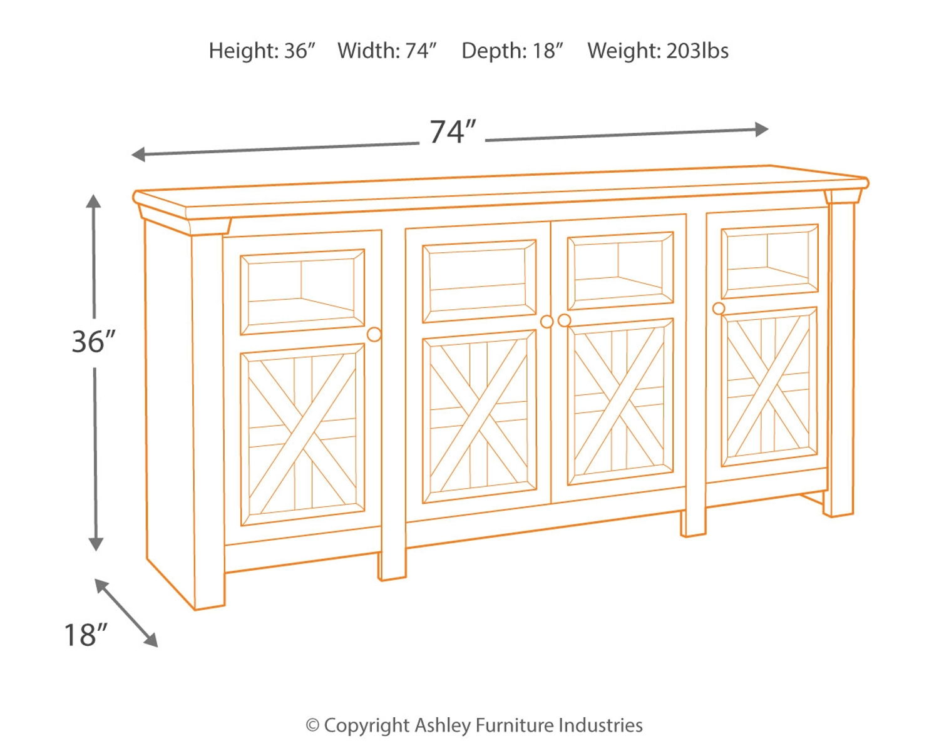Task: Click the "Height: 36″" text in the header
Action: (262, 51)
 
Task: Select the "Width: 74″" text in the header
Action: (387, 51)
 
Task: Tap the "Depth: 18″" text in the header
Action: (512, 51)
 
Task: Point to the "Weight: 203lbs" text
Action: (657, 51)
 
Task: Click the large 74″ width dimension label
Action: (453, 132)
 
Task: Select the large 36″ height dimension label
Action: (93, 342)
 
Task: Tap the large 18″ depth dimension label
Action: (86, 635)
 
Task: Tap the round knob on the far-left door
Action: (374, 334)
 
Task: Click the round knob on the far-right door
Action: (719, 309)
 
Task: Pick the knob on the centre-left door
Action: (546, 322)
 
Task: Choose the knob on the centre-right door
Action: (564, 320)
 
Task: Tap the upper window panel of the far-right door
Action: (769, 261)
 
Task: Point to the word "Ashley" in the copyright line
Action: (443, 725)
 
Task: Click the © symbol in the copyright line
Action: (312, 726)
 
